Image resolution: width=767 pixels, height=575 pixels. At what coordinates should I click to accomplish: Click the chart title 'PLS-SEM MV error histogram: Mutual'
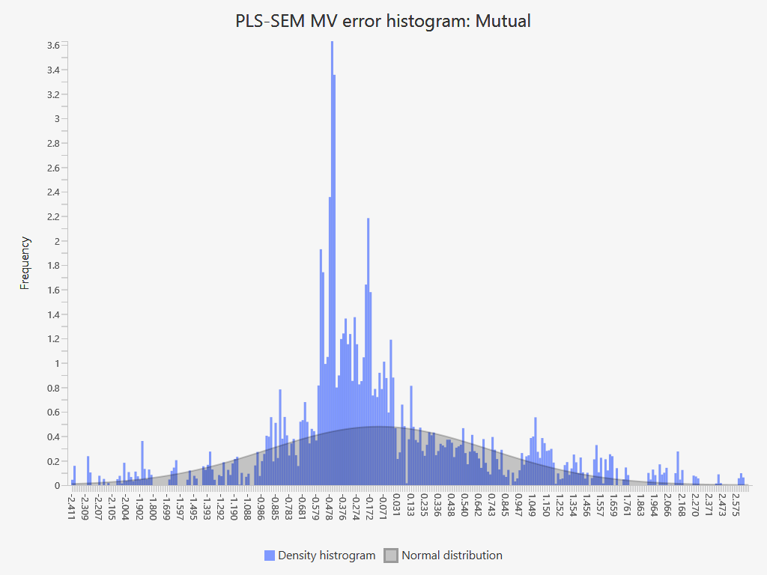(383, 21)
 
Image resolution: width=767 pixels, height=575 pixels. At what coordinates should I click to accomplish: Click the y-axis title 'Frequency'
(25, 263)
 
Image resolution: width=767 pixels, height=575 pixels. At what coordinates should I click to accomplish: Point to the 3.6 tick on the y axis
(53, 46)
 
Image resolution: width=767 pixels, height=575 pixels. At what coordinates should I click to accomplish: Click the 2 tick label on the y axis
(56, 242)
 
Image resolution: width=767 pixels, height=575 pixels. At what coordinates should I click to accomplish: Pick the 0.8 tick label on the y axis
(53, 389)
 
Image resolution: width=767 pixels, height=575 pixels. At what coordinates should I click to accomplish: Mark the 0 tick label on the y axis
(56, 486)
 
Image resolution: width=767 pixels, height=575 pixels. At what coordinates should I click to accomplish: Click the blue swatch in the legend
(270, 556)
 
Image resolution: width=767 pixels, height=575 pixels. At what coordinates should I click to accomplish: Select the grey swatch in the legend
(391, 556)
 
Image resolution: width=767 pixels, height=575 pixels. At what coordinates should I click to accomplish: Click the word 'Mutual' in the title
(503, 21)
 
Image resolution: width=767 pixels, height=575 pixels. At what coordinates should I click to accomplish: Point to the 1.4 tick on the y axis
(53, 315)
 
